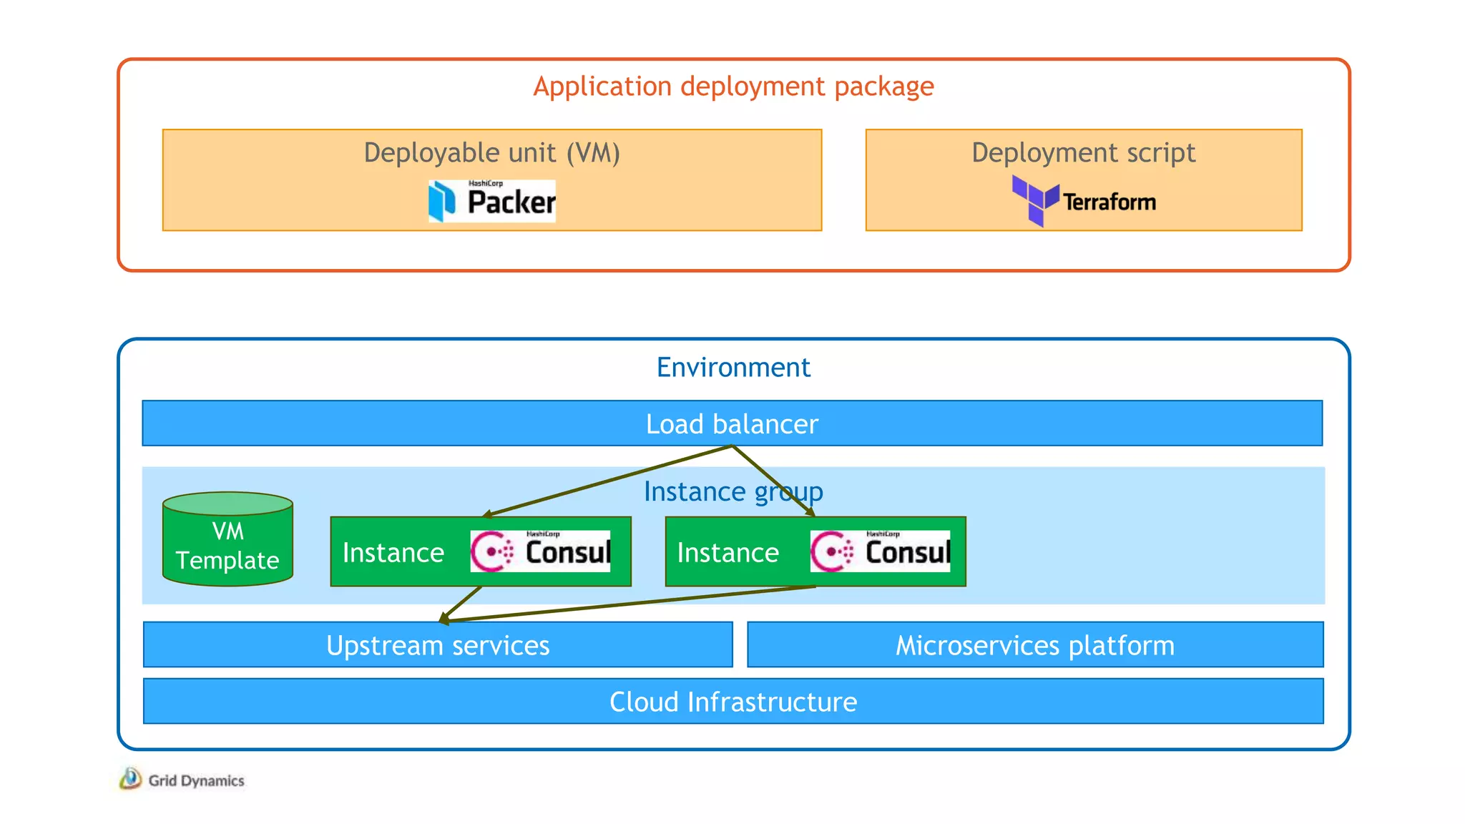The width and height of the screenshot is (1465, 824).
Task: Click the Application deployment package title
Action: coord(733,87)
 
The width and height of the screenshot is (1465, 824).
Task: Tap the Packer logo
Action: coord(492,201)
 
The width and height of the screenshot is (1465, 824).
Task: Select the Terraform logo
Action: coord(1084,201)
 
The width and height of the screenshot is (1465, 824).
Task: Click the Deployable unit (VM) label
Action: coord(491,153)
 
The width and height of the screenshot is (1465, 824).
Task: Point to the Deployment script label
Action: coord(1083,153)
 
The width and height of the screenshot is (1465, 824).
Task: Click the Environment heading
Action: coord(733,368)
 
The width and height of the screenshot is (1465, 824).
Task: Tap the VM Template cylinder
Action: coord(227,541)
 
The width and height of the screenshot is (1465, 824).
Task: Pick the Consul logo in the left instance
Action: coord(540,551)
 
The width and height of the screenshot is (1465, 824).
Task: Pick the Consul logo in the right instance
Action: coord(880,551)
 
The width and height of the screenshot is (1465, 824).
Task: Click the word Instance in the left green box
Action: coord(393,553)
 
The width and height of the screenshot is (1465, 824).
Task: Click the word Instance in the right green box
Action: coord(727,553)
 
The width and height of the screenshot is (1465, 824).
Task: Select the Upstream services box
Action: coord(438,645)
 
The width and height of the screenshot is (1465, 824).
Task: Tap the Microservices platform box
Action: coord(1035,645)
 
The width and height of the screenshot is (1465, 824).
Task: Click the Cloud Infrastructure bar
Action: coord(733,702)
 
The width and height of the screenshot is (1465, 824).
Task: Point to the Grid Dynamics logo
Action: coord(182,780)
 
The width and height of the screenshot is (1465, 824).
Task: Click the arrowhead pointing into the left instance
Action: coord(486,514)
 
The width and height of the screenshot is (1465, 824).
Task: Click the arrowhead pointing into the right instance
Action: coord(811,512)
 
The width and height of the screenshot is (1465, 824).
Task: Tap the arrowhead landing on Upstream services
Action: coord(444,619)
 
